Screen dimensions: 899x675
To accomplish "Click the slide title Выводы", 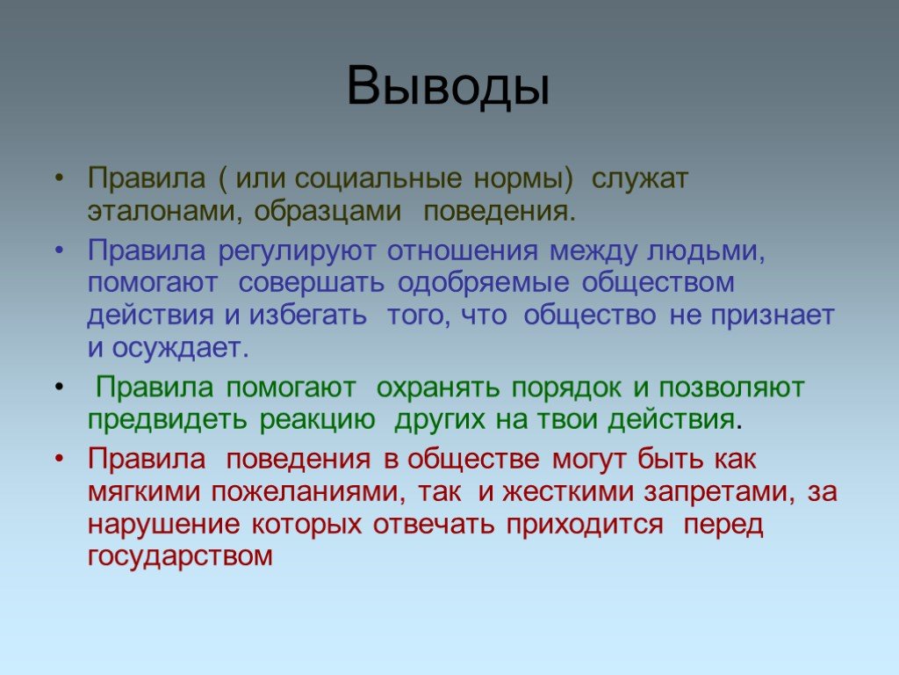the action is (449, 86).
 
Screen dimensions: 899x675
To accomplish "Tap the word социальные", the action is (378, 178).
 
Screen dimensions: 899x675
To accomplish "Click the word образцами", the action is (327, 211).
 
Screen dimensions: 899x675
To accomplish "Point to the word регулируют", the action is (297, 251).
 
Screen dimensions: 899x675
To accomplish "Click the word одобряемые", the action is (484, 283).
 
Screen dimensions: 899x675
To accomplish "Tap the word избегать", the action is (308, 316).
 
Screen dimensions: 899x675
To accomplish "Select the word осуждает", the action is (180, 348).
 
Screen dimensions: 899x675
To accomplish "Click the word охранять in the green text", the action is (439, 388).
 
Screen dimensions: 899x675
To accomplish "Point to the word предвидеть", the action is (168, 419).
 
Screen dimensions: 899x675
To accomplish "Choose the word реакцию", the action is (317, 421).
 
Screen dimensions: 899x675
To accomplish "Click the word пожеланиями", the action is (308, 492).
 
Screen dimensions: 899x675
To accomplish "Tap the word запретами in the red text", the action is (719, 493).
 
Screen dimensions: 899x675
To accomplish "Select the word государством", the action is (180, 556).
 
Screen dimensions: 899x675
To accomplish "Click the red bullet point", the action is (59, 460).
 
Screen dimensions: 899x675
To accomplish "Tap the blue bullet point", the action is (59, 251).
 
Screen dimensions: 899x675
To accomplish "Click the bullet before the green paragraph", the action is (59, 388).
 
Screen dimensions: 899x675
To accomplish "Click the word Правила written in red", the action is (147, 459).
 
